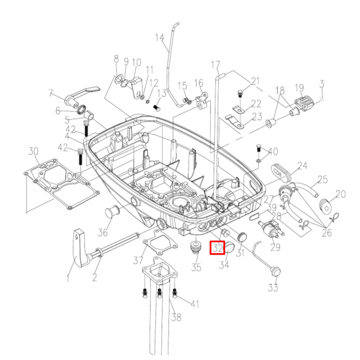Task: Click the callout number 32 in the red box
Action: tap(217, 248)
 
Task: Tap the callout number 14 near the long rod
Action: tap(159, 37)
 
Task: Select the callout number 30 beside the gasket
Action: tap(33, 152)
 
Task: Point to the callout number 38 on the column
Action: tap(176, 317)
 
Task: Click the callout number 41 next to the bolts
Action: tap(194, 305)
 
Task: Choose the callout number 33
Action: tap(273, 288)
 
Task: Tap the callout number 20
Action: tap(340, 195)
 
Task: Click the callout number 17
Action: tap(215, 65)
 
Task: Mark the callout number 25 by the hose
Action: tap(323, 179)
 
